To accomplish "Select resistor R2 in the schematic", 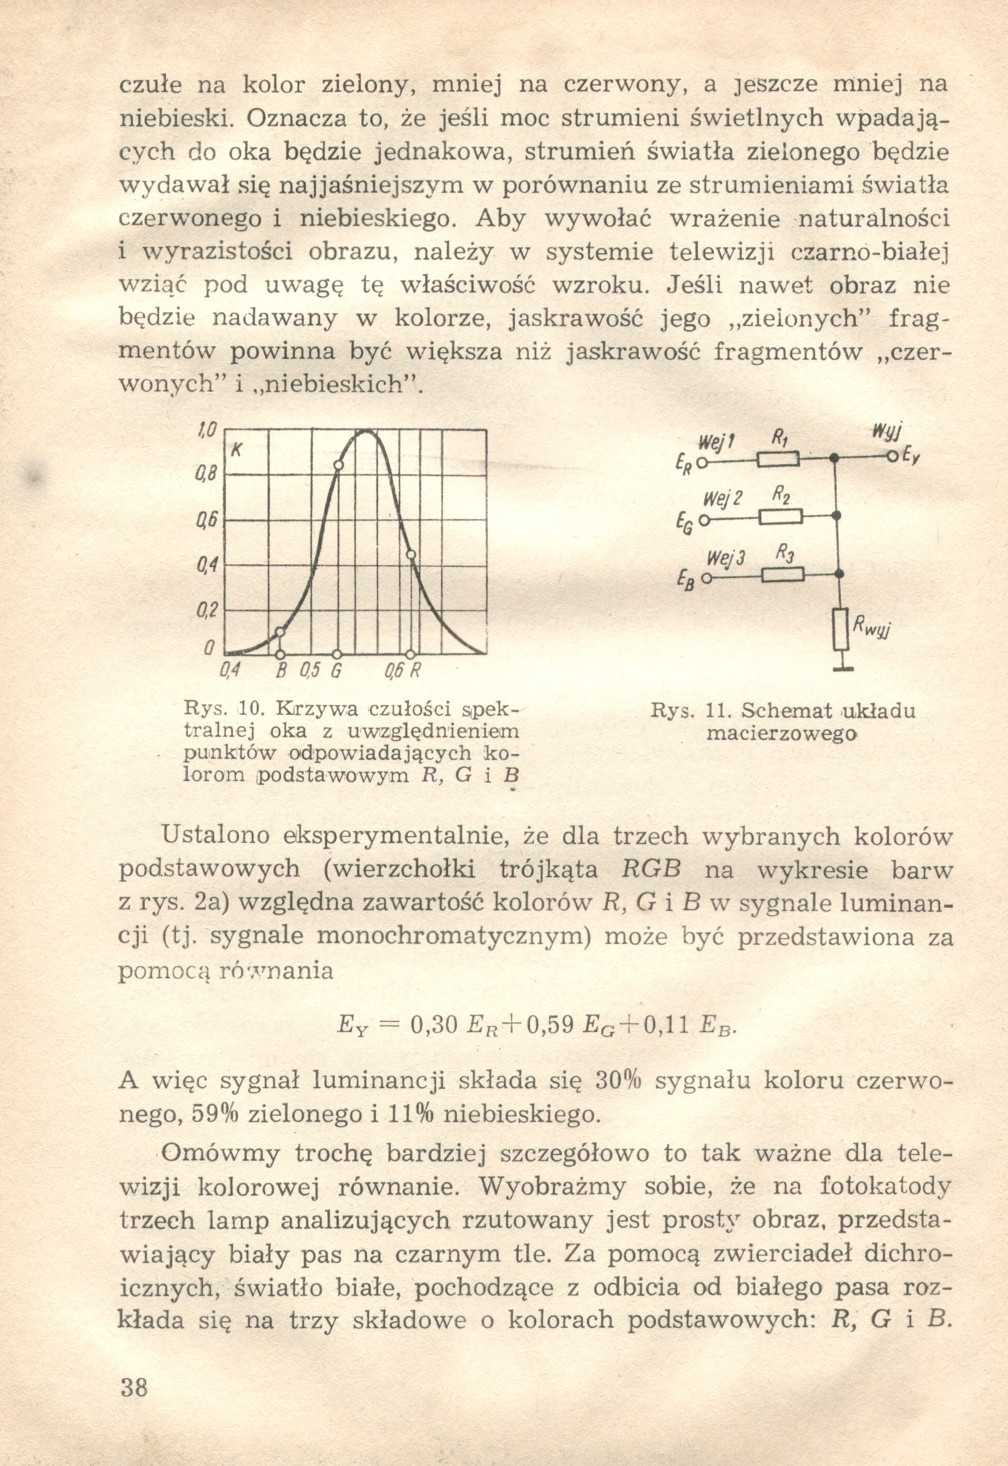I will [781, 518].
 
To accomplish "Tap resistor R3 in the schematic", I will [783, 575].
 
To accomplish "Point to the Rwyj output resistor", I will [839, 629].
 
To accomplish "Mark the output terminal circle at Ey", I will [893, 456].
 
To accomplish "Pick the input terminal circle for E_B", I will [705, 578].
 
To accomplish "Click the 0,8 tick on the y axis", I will [208, 475].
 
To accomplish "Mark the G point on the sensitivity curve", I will [338, 466].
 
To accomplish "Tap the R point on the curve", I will [411, 554].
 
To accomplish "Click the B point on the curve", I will [280, 632].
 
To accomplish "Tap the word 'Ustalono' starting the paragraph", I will [216, 836].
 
